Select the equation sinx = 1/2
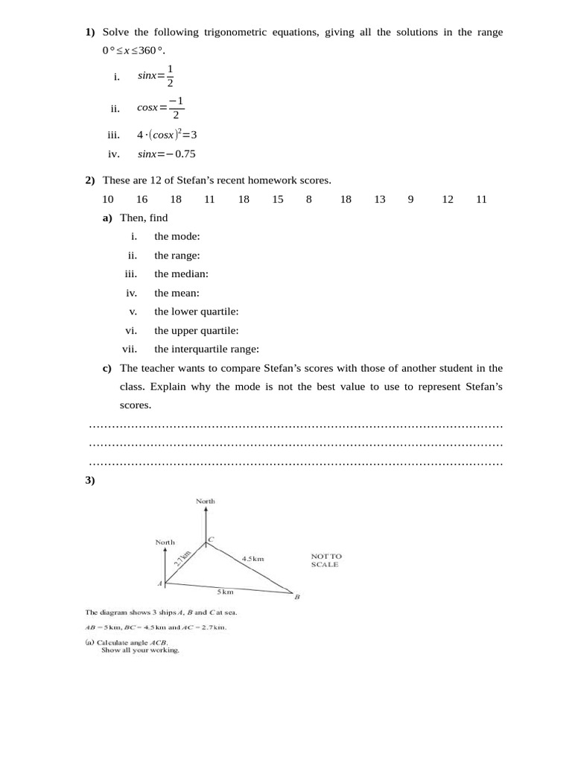point(156,75)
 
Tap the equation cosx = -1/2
point(160,108)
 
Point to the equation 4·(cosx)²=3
point(166,135)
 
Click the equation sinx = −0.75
point(166,154)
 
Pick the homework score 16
point(142,199)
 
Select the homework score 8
point(308,199)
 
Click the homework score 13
point(380,199)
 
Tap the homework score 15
point(278,199)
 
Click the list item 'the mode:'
point(177,236)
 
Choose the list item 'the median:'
point(181,274)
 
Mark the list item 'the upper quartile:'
point(197,330)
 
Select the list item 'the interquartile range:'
point(206,349)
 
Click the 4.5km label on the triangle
point(253,558)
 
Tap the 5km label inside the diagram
point(225,592)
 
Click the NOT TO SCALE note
point(325,560)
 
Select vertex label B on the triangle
point(296,598)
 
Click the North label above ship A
point(165,542)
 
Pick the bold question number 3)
point(90,481)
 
